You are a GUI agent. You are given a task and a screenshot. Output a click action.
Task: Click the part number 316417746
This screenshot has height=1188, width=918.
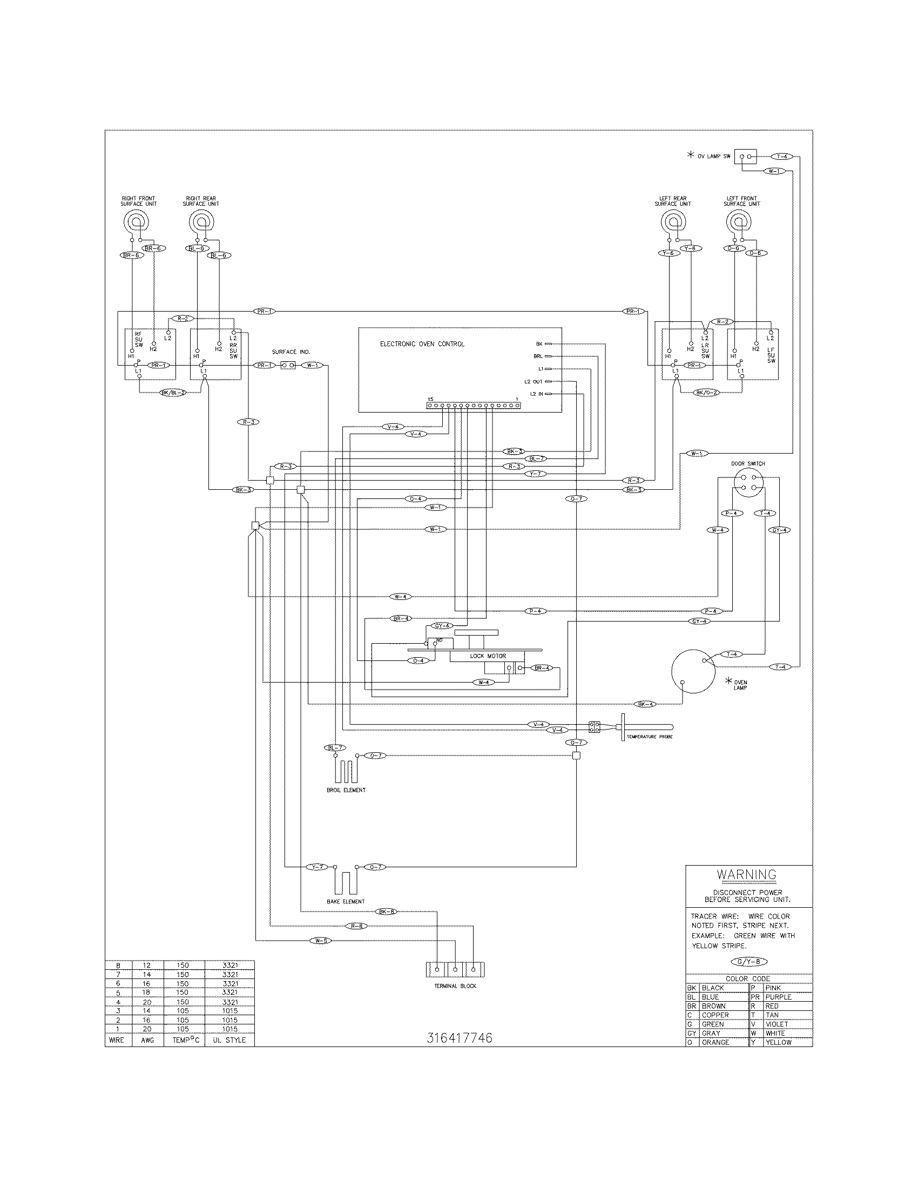coord(460,1038)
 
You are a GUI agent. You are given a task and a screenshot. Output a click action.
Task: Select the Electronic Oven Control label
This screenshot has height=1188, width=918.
coord(422,344)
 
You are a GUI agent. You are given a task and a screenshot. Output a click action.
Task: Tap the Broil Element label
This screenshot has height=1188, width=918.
coord(346,790)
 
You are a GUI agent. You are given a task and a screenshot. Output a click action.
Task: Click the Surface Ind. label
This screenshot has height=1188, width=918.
coord(291,352)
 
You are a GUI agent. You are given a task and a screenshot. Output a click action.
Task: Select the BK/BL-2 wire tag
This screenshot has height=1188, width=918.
coord(173,392)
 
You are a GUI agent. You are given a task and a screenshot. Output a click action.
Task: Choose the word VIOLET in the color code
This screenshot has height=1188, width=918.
coord(776,1024)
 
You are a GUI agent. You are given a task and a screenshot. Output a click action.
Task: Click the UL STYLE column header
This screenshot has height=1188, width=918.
coord(229,1039)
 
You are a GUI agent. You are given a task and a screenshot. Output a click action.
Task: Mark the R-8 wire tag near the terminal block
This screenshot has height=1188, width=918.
coord(357,925)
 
